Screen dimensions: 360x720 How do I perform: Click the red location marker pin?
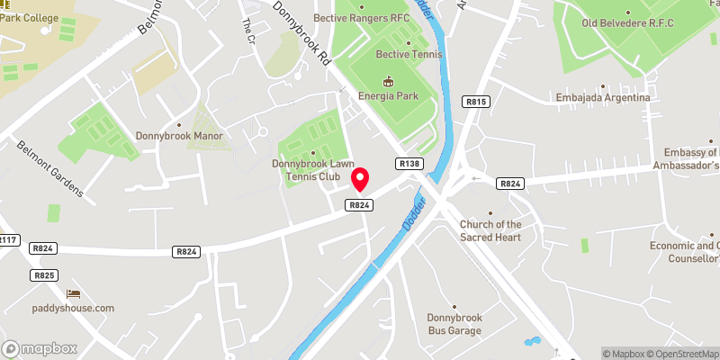360,179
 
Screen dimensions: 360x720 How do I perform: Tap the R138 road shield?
409,164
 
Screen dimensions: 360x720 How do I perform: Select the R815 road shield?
476,103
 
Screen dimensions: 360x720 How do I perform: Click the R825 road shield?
44,274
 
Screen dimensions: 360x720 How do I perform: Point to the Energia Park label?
389,94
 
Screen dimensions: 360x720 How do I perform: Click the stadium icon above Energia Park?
389,80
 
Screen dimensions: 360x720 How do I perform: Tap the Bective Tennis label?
409,55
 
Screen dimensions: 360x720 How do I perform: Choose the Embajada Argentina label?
603,97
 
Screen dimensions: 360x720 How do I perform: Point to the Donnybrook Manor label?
179,136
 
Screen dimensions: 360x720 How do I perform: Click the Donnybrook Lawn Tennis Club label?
314,169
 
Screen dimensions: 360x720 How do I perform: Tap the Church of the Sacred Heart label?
490,230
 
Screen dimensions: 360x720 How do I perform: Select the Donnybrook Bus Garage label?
454,324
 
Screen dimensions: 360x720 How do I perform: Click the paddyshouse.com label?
74,308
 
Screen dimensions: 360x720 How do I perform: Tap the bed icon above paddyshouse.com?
74,294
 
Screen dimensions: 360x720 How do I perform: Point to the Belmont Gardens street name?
49,168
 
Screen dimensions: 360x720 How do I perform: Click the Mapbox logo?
40,348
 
